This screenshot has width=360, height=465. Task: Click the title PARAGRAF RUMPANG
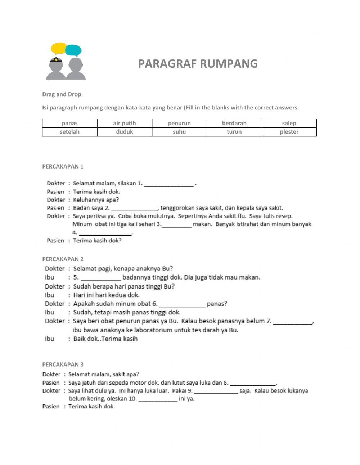[198, 64]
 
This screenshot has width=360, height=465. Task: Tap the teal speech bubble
[73, 50]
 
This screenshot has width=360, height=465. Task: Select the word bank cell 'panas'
[69, 123]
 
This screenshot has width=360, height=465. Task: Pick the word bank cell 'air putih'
[125, 123]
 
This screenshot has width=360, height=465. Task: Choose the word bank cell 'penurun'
[179, 123]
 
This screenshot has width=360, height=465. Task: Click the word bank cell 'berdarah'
[234, 123]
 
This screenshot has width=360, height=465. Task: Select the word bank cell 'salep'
[289, 123]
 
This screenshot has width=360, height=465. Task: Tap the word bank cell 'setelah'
[69, 132]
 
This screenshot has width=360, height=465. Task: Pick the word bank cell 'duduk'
[125, 132]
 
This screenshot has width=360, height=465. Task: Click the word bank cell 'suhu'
[179, 132]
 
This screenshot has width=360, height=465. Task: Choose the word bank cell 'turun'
[234, 132]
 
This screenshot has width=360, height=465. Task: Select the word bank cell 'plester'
[289, 132]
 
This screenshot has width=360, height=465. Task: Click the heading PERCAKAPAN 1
[63, 166]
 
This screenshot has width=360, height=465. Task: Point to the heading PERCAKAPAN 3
[63, 365]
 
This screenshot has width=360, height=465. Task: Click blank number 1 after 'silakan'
[169, 184]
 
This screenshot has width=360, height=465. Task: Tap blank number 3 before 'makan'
[177, 224]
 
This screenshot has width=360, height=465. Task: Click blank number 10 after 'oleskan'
[158, 399]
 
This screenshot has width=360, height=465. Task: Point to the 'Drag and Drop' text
[62, 94]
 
